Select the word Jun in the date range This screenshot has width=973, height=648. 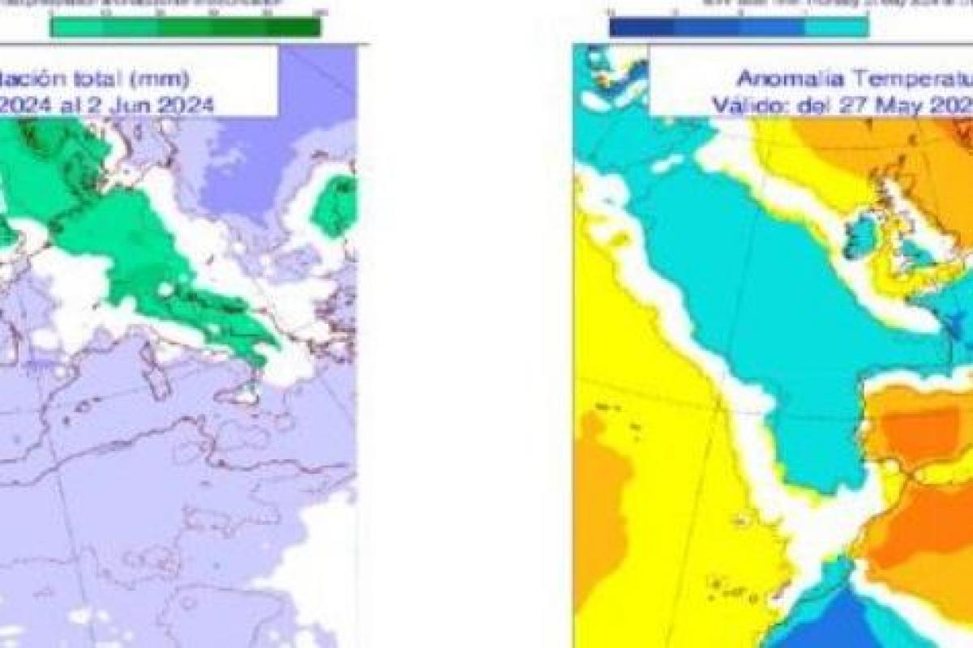coord(136,104)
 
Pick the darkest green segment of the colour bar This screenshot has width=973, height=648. coord(294,27)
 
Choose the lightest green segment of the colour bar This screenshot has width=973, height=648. coord(77,27)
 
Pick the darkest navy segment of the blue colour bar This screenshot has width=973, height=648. coord(641,28)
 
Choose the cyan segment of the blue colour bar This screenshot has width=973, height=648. coord(836,28)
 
